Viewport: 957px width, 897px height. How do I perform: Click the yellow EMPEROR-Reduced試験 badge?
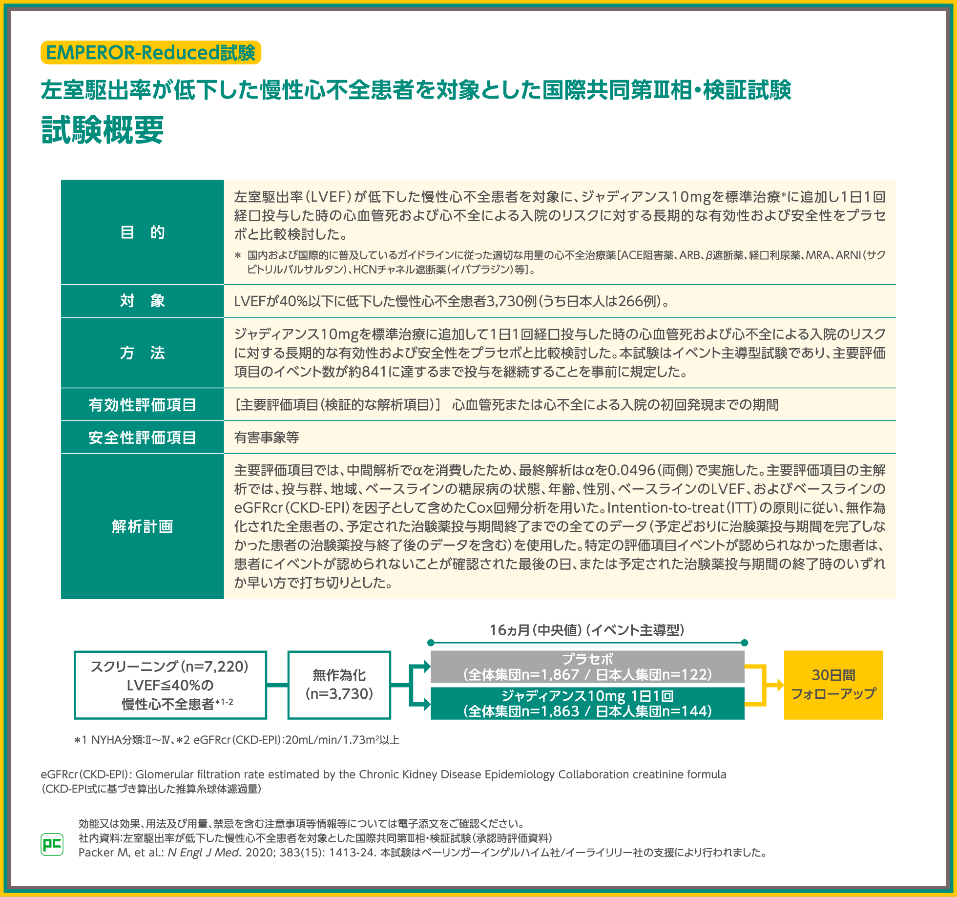[x=151, y=53]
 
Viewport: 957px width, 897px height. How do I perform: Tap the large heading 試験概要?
[x=103, y=130]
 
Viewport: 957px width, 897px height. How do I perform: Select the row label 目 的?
[x=143, y=232]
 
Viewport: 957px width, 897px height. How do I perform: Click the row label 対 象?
[x=143, y=301]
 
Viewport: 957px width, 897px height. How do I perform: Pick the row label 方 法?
[x=143, y=353]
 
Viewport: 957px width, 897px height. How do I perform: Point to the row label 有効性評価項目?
[x=143, y=405]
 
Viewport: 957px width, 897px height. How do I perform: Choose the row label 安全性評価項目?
[x=143, y=438]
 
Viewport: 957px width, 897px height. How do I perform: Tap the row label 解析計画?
[x=143, y=526]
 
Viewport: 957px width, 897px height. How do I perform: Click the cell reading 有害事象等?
[x=267, y=438]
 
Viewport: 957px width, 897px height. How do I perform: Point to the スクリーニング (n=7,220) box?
[x=170, y=685]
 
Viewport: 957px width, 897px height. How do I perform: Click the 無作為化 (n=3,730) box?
[x=339, y=685]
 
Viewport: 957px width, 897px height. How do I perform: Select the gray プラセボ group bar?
[x=587, y=667]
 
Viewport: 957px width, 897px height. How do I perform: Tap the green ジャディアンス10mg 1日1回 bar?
[x=587, y=703]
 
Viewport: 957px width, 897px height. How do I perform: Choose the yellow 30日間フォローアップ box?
[x=833, y=685]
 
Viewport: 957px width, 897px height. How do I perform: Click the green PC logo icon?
[x=52, y=844]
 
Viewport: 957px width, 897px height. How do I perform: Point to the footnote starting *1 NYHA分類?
[x=237, y=740]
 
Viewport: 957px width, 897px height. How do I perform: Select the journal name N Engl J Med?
[x=204, y=853]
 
